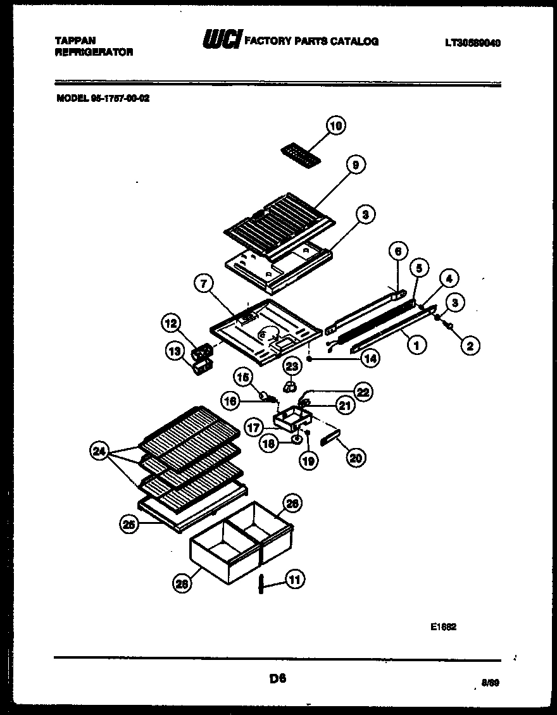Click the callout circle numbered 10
click(x=336, y=126)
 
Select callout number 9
click(x=356, y=165)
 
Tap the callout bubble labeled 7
click(x=203, y=285)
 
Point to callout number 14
click(x=370, y=358)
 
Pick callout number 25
click(x=129, y=523)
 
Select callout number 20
click(x=356, y=458)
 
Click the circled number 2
click(x=470, y=345)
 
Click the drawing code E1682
click(x=443, y=627)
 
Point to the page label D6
click(x=277, y=679)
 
